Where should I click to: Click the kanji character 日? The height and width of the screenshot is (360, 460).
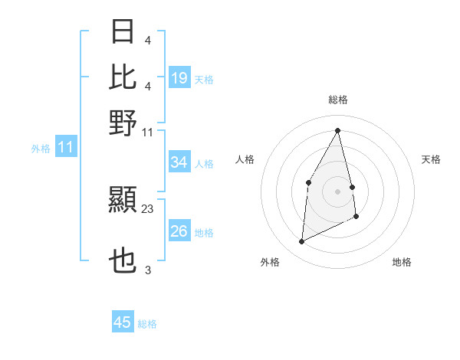point(123,32)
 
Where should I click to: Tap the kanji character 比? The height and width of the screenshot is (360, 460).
point(123,77)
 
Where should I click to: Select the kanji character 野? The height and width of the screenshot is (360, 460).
point(123,122)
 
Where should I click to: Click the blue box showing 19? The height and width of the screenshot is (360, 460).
point(179,78)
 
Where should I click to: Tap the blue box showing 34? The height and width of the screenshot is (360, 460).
point(179,162)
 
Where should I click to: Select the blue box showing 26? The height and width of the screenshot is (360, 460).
point(179,231)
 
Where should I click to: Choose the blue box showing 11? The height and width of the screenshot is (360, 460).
point(66,148)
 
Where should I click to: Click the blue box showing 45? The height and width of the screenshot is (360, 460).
point(123,322)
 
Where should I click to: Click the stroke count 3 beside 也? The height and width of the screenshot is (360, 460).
point(148,270)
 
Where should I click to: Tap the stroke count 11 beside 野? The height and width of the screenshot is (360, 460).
point(148,133)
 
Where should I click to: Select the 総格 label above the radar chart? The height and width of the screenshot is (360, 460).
point(337,100)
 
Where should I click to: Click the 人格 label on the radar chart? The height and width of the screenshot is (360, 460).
point(245,159)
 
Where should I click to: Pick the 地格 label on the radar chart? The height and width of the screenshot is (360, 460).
point(402,262)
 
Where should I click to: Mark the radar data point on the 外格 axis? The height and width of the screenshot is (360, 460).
point(301,242)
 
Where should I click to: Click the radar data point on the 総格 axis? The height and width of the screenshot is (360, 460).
point(337,130)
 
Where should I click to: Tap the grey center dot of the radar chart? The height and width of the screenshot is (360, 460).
point(337,191)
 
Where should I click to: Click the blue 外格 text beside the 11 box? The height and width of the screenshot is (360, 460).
point(40,149)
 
